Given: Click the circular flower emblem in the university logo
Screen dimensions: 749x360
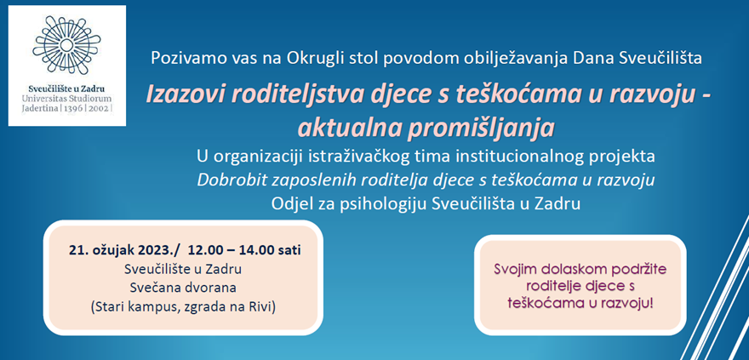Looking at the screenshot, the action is point(67,45).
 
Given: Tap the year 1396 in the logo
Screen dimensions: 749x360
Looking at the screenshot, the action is point(74,108).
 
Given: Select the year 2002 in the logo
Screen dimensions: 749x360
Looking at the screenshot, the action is point(99,108).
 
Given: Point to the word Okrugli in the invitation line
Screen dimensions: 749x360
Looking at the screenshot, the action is point(311,58).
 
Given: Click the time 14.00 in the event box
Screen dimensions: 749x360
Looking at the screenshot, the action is point(254,250).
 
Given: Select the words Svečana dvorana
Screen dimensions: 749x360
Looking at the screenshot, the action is point(183,288).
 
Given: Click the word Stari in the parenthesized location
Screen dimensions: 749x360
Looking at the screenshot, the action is point(107,307).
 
